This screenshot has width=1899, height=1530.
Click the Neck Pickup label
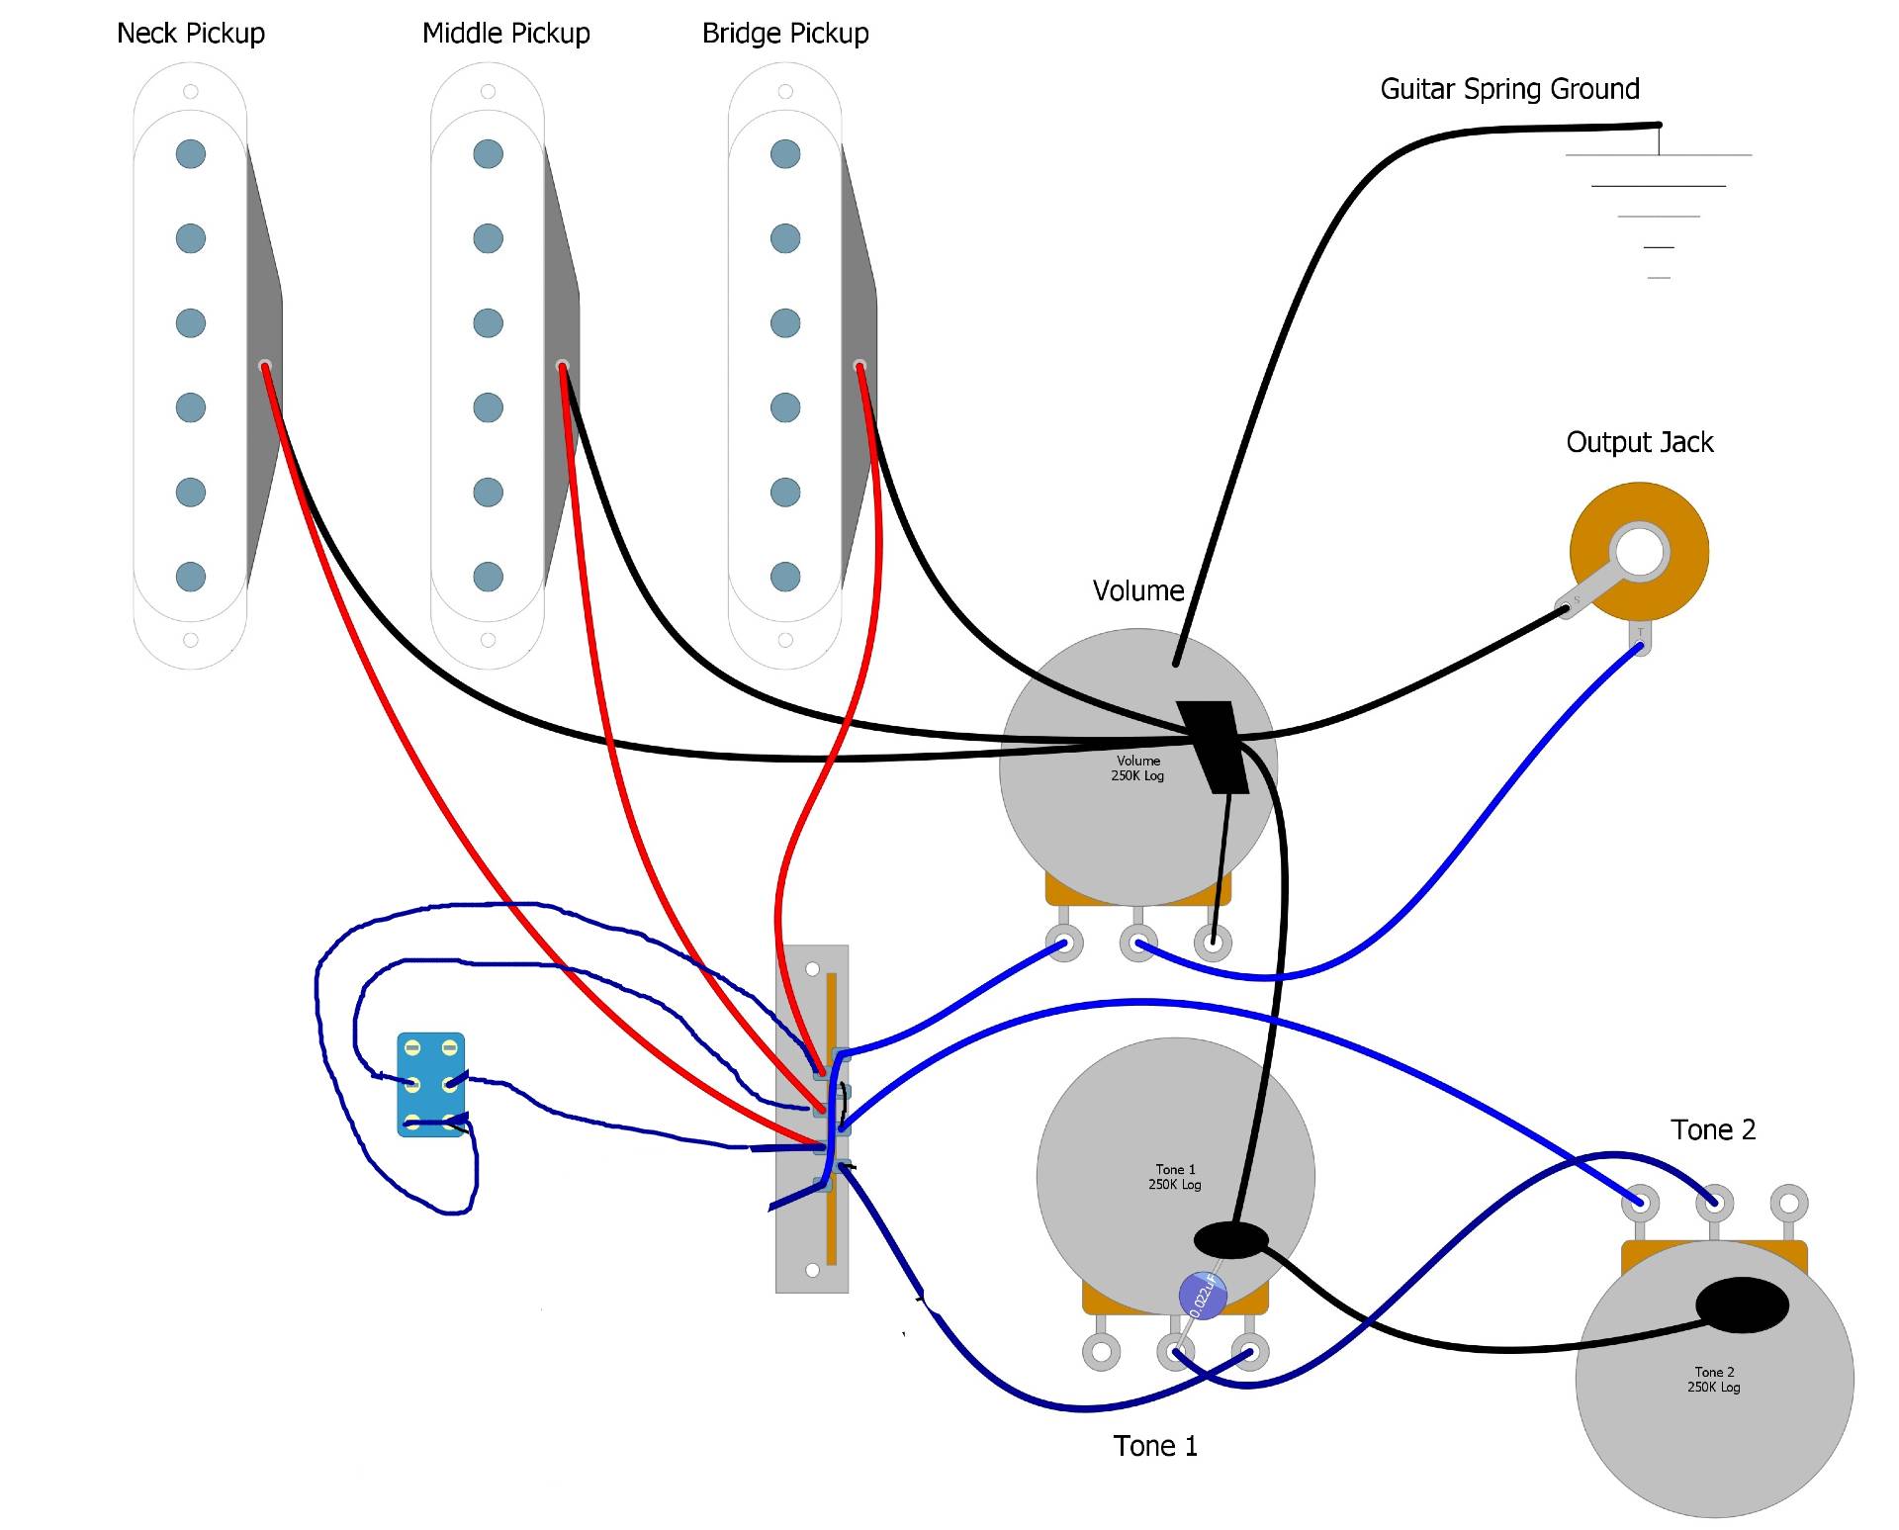click(x=191, y=34)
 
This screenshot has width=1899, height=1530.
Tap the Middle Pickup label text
click(x=505, y=34)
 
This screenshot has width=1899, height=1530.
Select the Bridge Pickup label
click(x=785, y=34)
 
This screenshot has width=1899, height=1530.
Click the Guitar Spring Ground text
click(x=1509, y=89)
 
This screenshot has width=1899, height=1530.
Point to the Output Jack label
click(x=1639, y=442)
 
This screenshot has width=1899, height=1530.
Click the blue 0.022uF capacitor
click(x=1203, y=1295)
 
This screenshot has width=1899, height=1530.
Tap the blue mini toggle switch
click(x=431, y=1085)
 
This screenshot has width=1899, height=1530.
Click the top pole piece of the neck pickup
click(x=191, y=154)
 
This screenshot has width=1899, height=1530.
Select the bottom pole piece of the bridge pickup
click(x=785, y=577)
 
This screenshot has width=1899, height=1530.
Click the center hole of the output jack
click(x=1640, y=551)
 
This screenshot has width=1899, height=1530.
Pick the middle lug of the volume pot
click(x=1138, y=943)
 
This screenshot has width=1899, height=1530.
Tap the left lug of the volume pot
click(x=1064, y=943)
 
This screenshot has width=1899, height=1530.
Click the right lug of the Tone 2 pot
click(x=1789, y=1204)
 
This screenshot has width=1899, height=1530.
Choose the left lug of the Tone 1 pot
click(x=1101, y=1352)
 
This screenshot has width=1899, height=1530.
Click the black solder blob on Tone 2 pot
click(x=1742, y=1305)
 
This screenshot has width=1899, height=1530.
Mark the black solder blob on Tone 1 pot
click(x=1231, y=1239)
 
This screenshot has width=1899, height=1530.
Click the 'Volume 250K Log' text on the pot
click(x=1137, y=768)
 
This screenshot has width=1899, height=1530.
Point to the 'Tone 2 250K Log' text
click(x=1714, y=1380)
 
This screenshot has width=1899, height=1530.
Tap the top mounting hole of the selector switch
click(x=813, y=969)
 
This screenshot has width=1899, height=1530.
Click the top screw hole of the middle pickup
click(x=488, y=92)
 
